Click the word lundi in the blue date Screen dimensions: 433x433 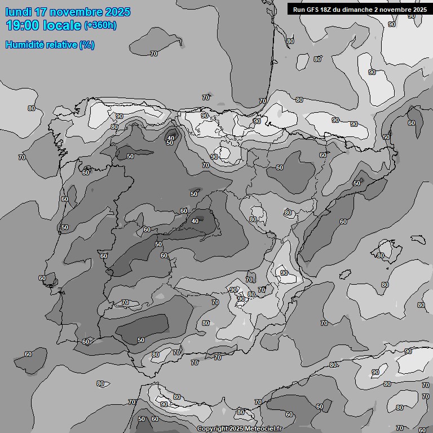[x=19, y=12]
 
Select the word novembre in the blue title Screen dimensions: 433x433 [x=76, y=12]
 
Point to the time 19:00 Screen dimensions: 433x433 [x=23, y=25]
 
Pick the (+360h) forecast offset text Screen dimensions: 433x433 [x=100, y=25]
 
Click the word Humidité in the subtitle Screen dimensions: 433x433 [x=26, y=45]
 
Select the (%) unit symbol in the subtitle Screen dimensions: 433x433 [x=87, y=45]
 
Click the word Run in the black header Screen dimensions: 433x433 [x=299, y=9]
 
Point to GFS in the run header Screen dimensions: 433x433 [x=314, y=9]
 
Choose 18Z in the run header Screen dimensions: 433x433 [x=329, y=9]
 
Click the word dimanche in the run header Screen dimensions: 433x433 [x=363, y=9]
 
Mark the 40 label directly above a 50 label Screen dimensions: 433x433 [x=170, y=138]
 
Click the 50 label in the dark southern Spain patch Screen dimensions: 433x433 [x=141, y=340]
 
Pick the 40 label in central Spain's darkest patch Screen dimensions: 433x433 [x=195, y=221]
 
